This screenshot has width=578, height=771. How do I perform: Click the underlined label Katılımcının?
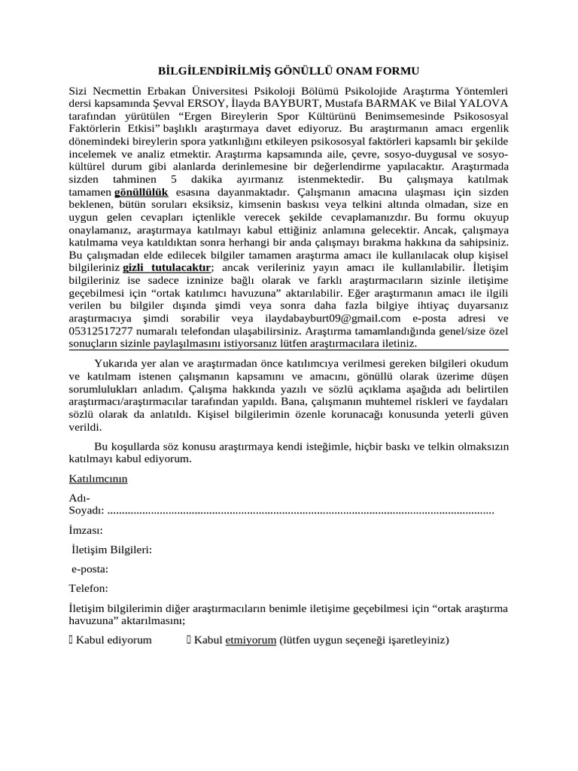(98, 479)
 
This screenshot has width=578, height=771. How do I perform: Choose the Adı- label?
(78, 498)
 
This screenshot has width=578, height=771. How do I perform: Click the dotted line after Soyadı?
(301, 511)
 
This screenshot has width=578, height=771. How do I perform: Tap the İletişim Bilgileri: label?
(111, 550)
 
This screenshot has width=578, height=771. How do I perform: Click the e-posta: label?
(90, 570)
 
